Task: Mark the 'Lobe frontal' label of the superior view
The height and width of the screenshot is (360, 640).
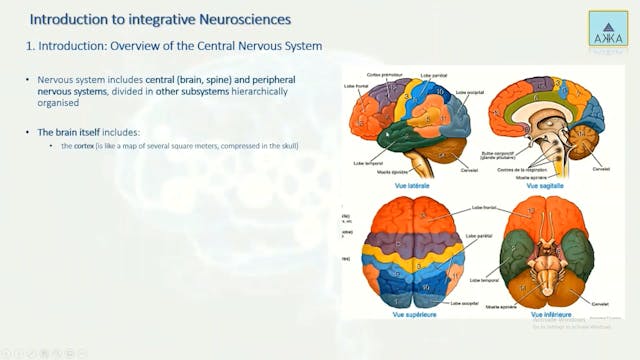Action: (484, 209)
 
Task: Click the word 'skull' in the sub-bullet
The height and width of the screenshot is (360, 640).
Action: (289, 147)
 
